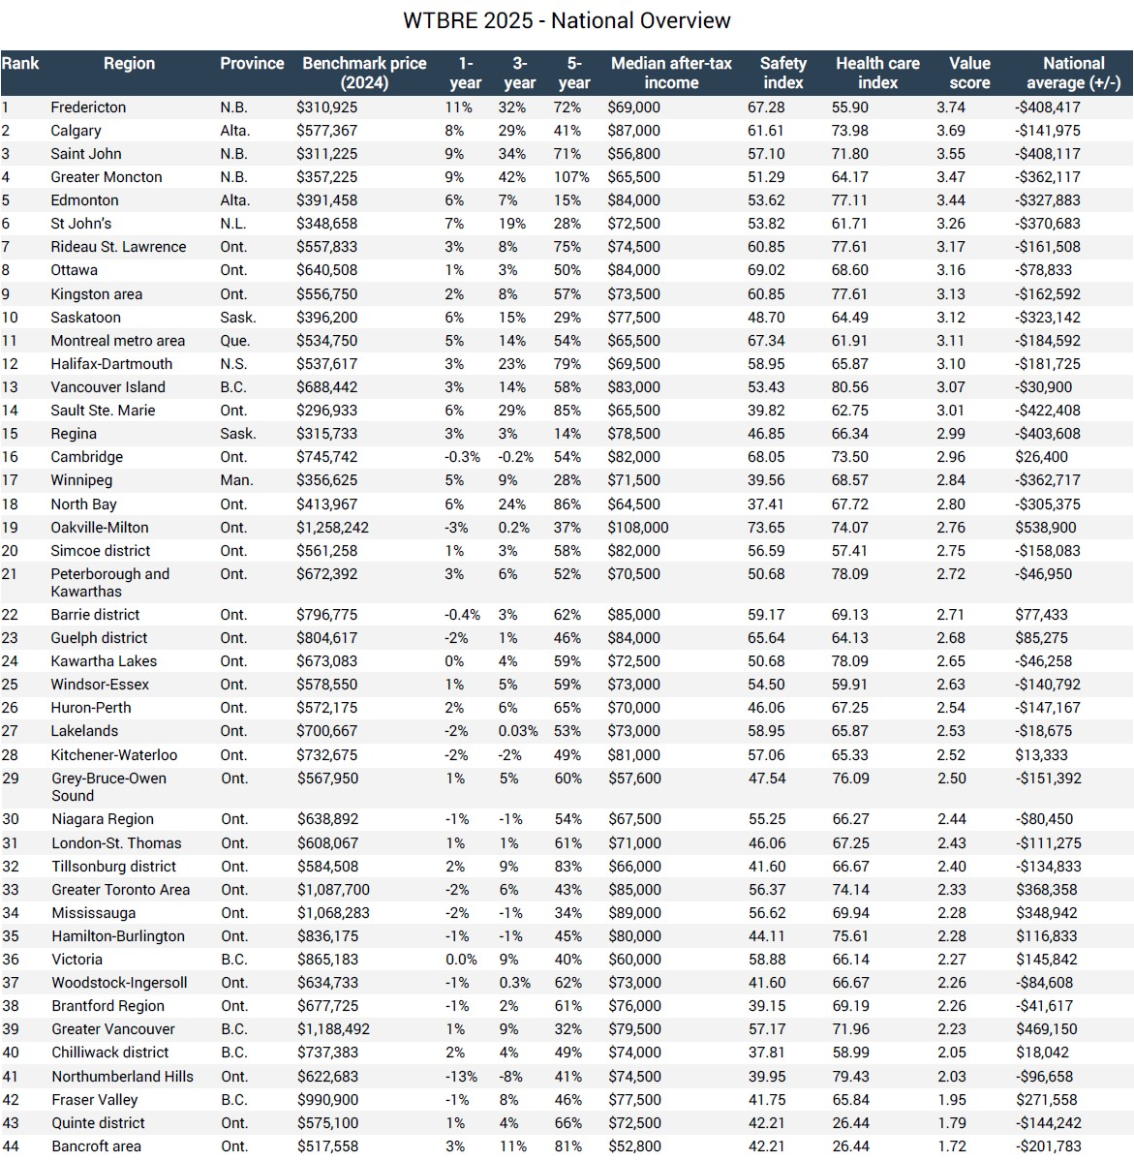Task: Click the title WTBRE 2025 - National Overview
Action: coord(567,20)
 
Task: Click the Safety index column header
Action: coord(782,73)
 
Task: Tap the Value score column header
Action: coord(968,73)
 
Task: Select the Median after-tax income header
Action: coord(671,73)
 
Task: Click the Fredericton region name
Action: coord(88,107)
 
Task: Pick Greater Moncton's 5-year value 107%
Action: coord(571,177)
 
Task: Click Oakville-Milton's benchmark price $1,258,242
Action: coord(332,528)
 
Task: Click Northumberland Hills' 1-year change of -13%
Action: coord(461,1077)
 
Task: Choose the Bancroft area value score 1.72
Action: coord(951,1146)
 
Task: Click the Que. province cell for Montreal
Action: coord(234,341)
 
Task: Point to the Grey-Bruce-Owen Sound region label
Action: coord(108,787)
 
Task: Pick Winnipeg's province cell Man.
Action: coord(236,480)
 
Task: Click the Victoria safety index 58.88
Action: coord(766,960)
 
